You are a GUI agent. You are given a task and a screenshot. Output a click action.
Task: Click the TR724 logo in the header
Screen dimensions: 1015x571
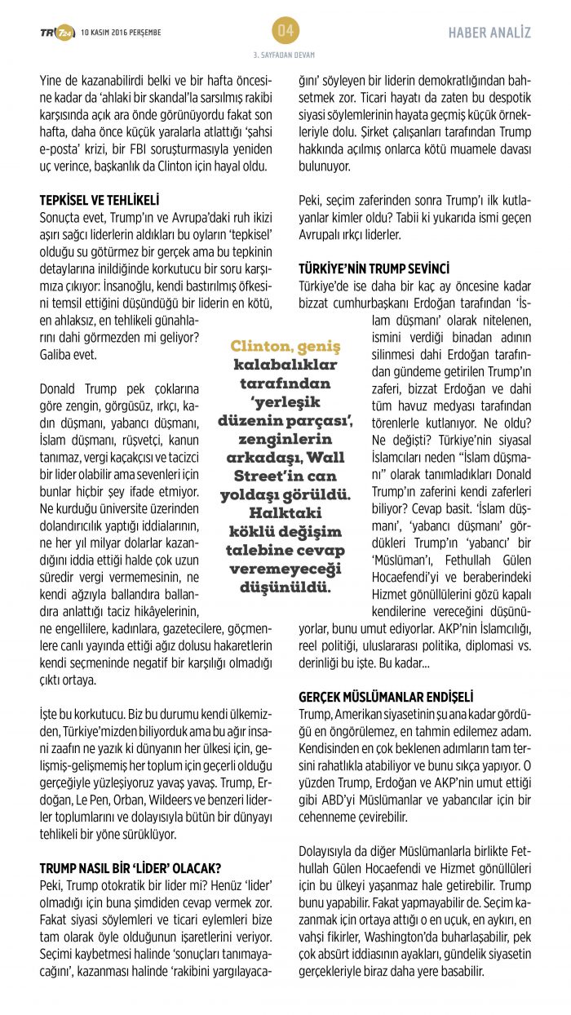[57, 32]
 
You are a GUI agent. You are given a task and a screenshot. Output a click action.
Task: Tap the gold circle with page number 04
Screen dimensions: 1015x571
[285, 31]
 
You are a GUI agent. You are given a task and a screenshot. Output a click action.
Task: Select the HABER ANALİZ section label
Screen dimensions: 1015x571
[489, 33]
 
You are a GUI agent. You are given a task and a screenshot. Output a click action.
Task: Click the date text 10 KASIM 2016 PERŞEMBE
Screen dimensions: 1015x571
[121, 33]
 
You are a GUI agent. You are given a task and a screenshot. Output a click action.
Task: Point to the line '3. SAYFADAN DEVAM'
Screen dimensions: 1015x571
[285, 55]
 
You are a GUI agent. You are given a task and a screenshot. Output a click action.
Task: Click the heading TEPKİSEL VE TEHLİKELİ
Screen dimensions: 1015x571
[100, 199]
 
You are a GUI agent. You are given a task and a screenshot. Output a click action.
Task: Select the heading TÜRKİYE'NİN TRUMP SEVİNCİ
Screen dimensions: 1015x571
[374, 268]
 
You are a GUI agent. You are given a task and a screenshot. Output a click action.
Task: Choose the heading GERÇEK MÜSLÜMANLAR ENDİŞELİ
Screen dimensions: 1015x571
[386, 697]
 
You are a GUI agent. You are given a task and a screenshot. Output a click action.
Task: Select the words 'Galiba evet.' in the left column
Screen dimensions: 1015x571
[68, 355]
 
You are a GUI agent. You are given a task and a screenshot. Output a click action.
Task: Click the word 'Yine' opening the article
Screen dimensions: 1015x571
[50, 80]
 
